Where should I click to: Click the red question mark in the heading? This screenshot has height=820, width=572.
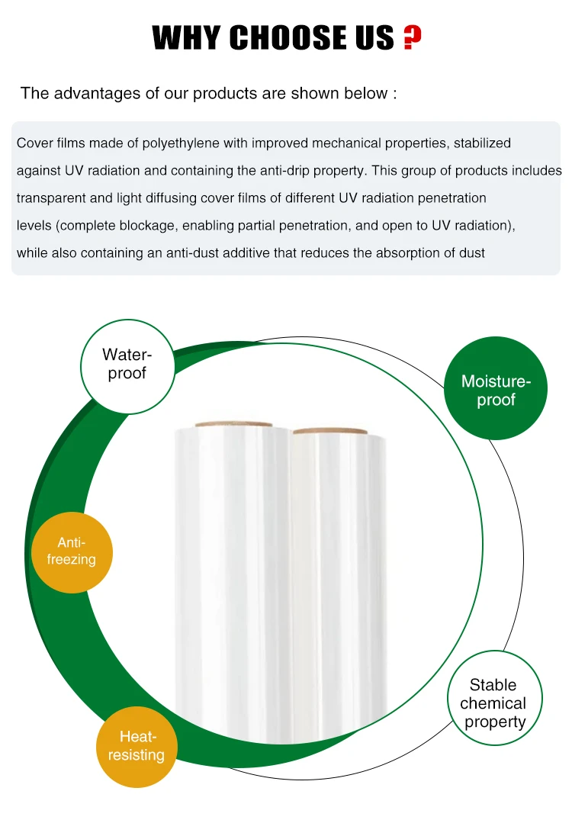pyautogui.click(x=412, y=37)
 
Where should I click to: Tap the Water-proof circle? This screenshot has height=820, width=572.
pyautogui.click(x=127, y=364)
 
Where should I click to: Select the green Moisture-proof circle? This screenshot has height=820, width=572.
pyautogui.click(x=496, y=390)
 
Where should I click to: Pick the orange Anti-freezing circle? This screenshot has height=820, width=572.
pyautogui.click(x=72, y=551)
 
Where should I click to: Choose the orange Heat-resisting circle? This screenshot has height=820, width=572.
pyautogui.click(x=137, y=746)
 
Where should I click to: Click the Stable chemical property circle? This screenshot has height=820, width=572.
pyautogui.click(x=493, y=703)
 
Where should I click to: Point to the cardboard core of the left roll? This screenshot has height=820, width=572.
pyautogui.click(x=233, y=425)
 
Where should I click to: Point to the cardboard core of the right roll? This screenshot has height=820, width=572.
pyautogui.click(x=330, y=431)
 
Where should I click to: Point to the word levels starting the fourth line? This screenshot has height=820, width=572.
pyautogui.click(x=34, y=225)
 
